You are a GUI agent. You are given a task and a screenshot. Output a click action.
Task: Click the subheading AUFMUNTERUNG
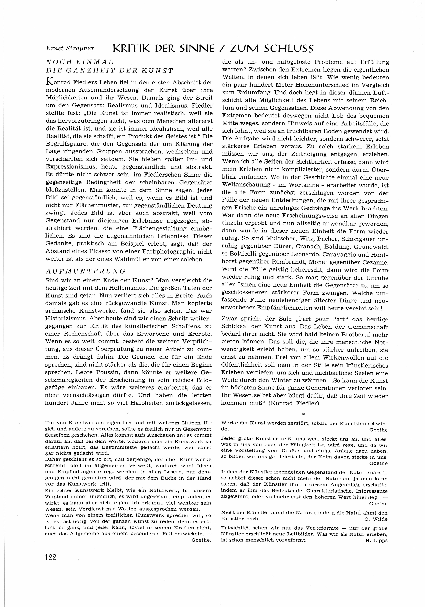85,272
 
